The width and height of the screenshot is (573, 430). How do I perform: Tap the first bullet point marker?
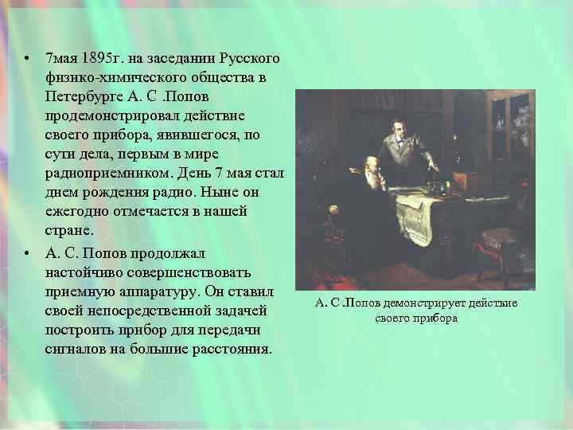click(27, 60)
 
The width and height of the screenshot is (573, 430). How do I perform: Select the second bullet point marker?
click(27, 252)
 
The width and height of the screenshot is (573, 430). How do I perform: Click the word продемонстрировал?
click(104, 117)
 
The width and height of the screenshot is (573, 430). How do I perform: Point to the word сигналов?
click(74, 349)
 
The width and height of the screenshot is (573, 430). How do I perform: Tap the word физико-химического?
click(104, 79)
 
